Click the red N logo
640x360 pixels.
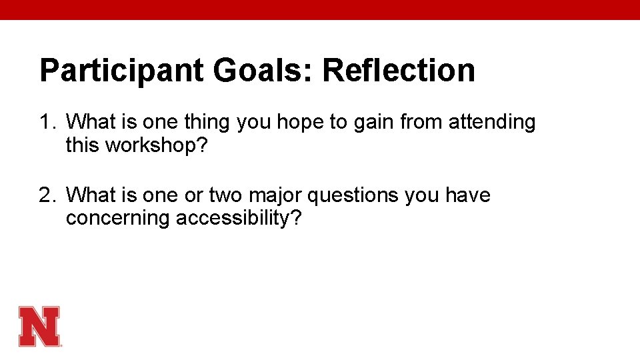tap(39, 326)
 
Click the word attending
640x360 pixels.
tap(492, 123)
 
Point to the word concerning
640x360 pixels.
tap(118, 219)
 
